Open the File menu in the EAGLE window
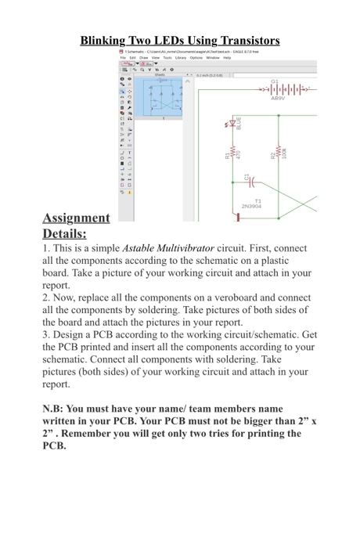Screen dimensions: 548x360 [x=123, y=57]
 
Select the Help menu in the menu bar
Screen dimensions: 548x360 [x=227, y=57]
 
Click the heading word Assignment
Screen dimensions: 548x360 [x=76, y=218]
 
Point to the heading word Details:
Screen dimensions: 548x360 [x=64, y=233]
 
